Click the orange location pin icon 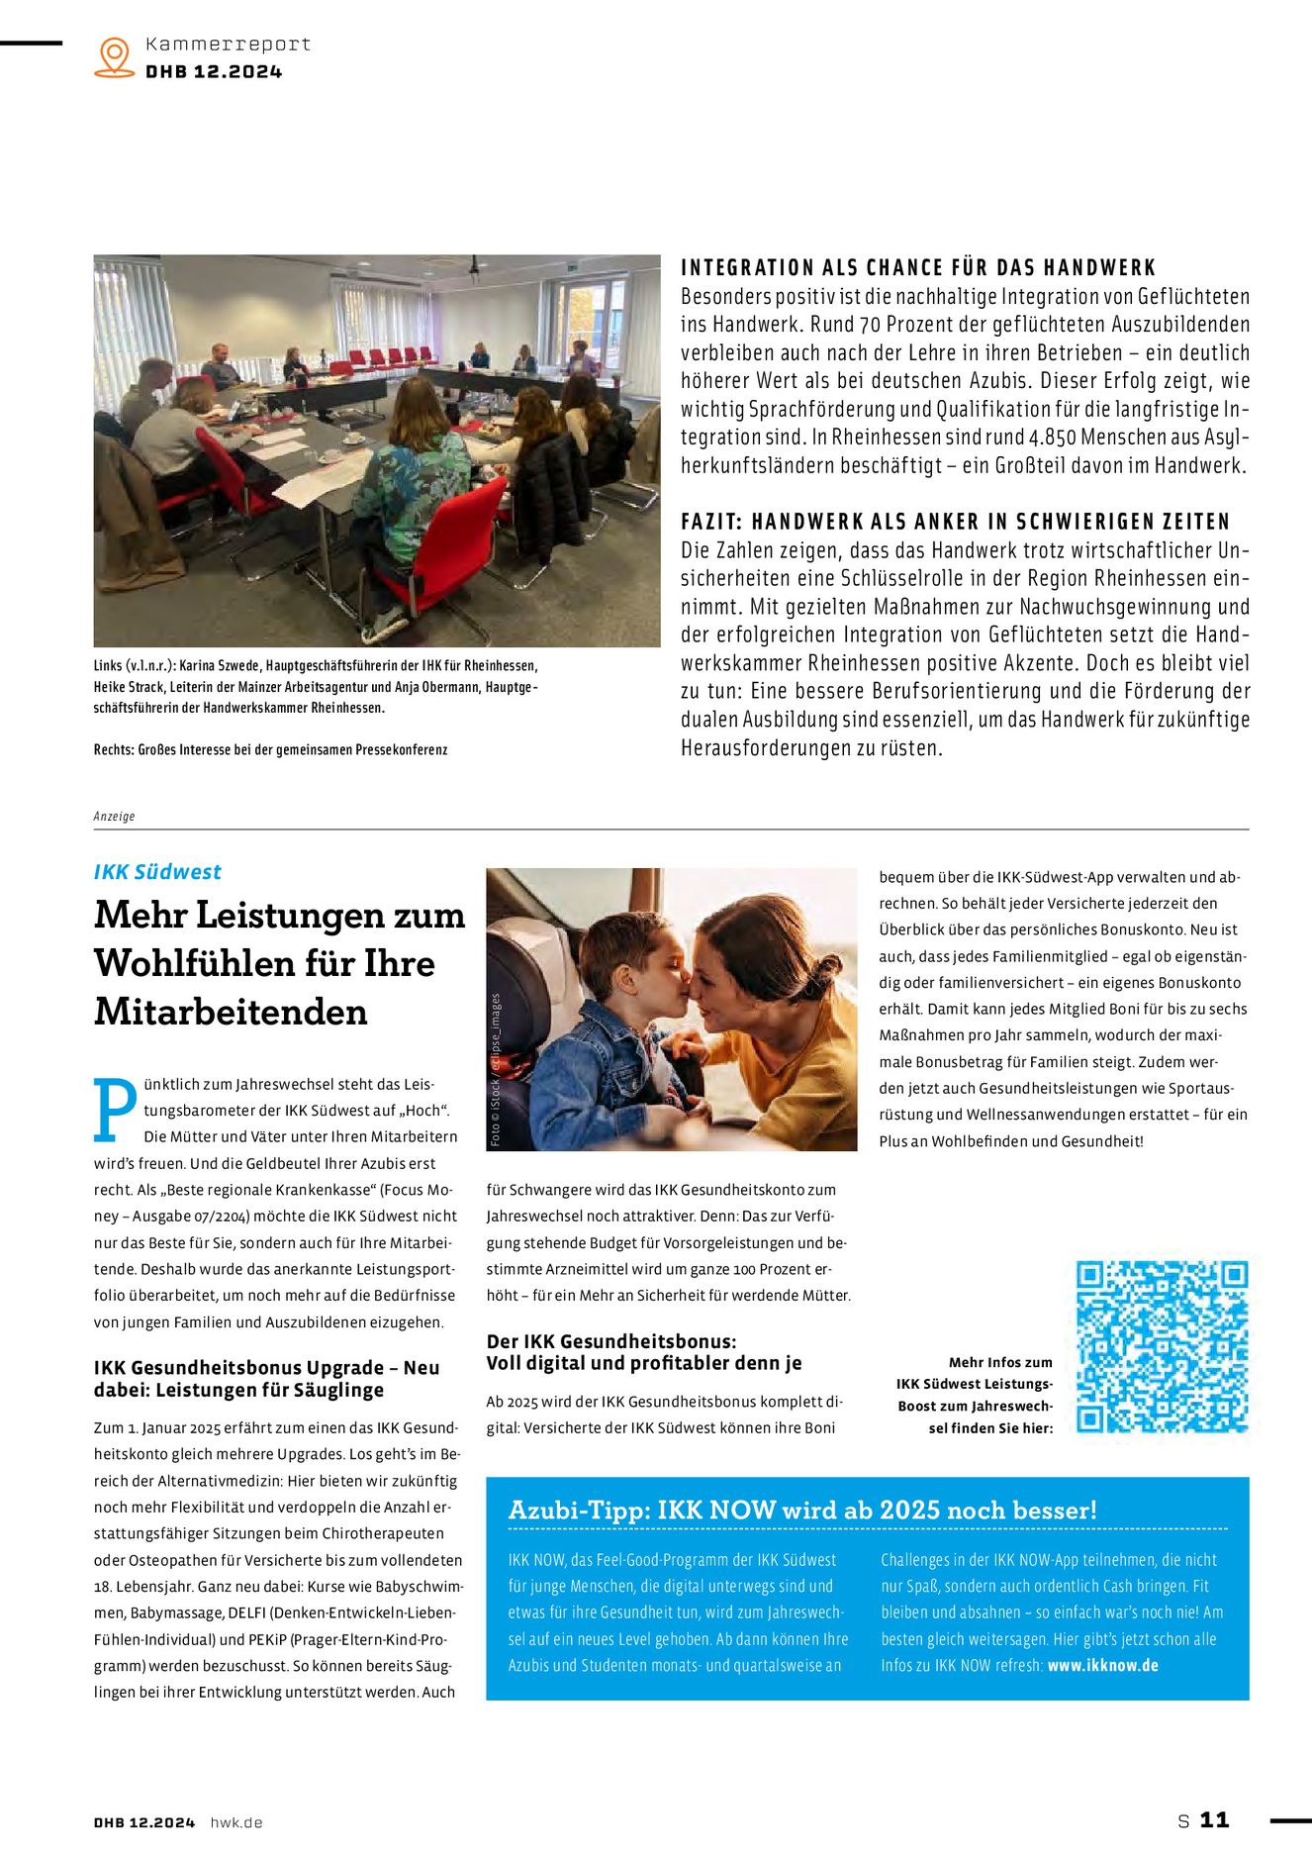[x=115, y=56]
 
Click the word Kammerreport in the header [x=228, y=45]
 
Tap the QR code [x=1162, y=1346]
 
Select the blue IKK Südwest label [x=157, y=872]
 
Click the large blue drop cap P [x=115, y=1110]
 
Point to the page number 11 [x=1214, y=1819]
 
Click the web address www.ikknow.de [x=1102, y=1665]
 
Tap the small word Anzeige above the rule [x=114, y=817]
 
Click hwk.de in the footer [x=236, y=1822]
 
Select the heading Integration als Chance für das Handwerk [x=918, y=268]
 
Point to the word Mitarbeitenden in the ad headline [x=231, y=1013]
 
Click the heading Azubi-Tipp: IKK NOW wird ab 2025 [x=801, y=1510]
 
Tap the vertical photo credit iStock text [x=496, y=1069]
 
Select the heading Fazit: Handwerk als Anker [x=955, y=522]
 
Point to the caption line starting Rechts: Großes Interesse [x=270, y=750]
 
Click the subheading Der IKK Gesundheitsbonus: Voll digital [x=643, y=1352]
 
